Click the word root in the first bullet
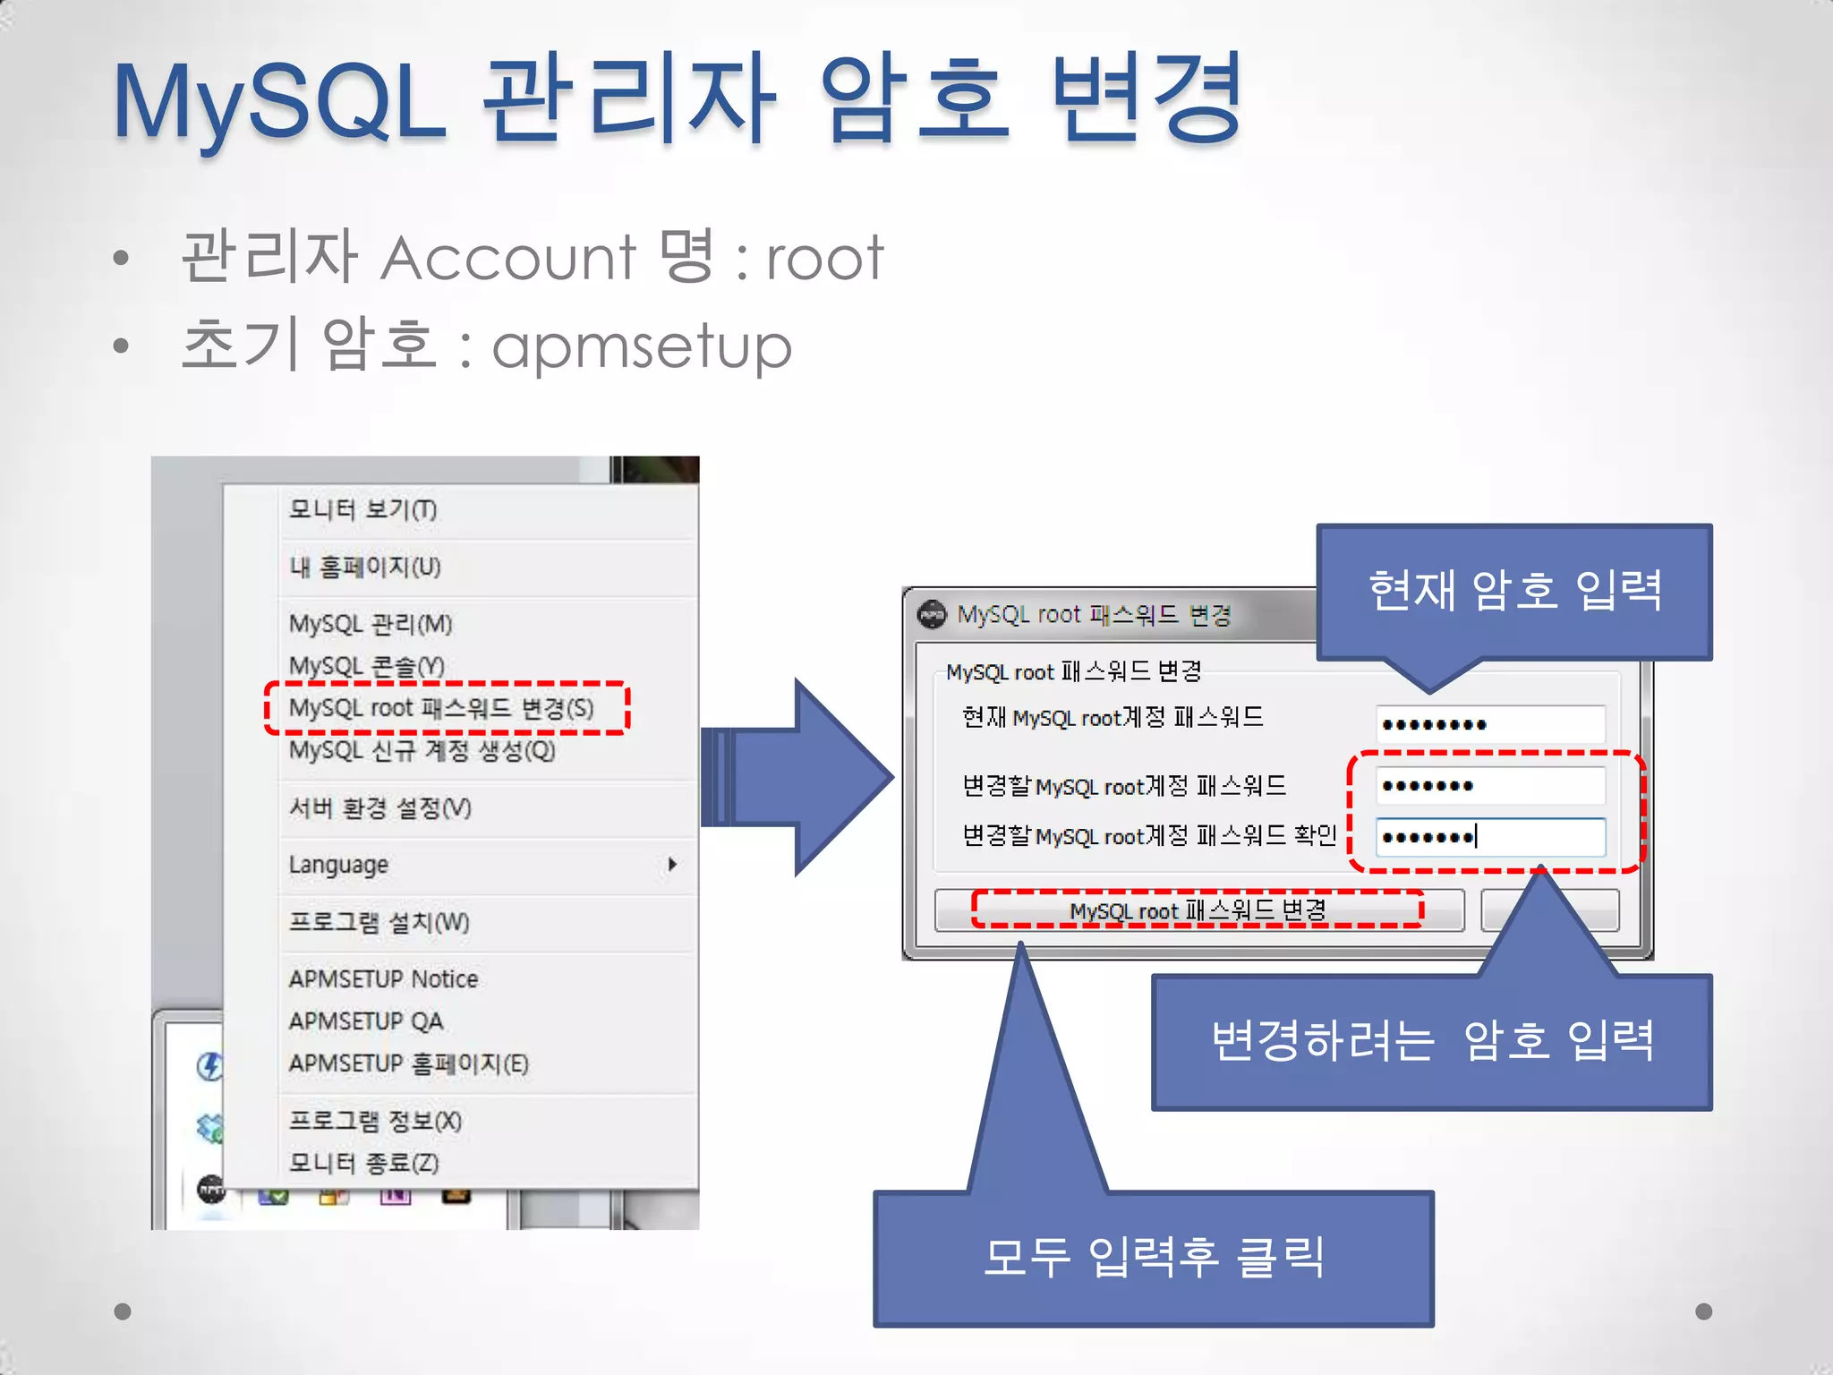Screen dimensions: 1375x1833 tap(824, 259)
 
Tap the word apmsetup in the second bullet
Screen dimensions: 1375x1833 tap(642, 346)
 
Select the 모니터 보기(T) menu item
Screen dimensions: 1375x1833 tap(362, 510)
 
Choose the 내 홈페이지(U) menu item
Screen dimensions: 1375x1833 tap(364, 568)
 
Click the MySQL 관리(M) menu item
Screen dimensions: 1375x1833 tap(371, 624)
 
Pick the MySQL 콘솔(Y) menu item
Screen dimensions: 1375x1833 tap(366, 666)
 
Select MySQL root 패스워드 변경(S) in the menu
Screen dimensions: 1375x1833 tap(441, 708)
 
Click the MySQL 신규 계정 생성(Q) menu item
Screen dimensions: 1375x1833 tap(422, 750)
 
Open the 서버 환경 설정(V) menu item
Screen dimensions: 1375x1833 tap(379, 808)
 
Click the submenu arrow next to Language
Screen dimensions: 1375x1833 tap(671, 865)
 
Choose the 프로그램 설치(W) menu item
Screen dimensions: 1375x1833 tap(379, 922)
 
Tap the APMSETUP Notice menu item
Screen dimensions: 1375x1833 tap(383, 979)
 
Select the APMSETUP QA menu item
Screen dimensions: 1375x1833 tap(365, 1021)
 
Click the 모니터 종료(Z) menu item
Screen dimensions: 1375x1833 tap(363, 1163)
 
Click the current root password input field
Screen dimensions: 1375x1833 tap(1489, 724)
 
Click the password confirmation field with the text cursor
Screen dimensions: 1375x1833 tap(1489, 837)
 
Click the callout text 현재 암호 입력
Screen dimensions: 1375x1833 tap(1514, 591)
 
